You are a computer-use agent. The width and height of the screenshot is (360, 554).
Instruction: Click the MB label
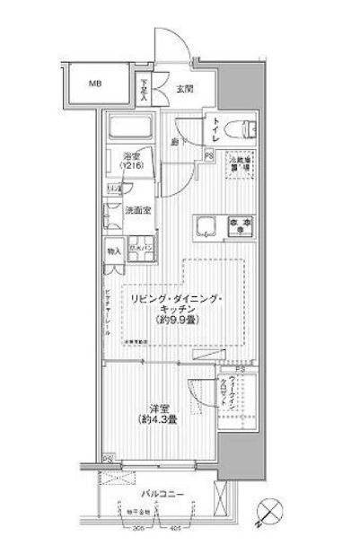[x=94, y=85]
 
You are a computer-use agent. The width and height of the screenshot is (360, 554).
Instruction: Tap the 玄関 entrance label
[x=185, y=88]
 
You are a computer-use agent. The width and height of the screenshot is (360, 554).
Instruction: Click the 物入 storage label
[x=113, y=251]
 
